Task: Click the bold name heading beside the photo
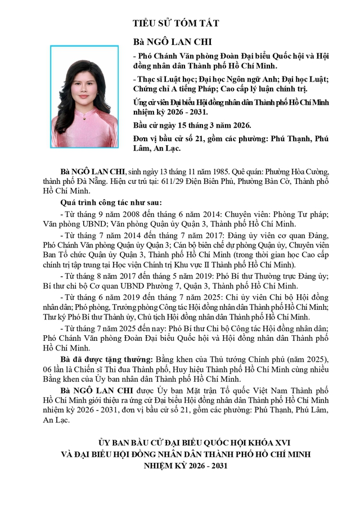tap(164, 42)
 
